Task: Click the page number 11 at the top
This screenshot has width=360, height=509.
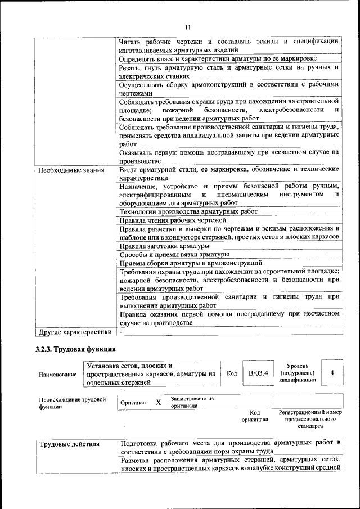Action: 188,27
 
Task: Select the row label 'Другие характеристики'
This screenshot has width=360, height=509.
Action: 75,332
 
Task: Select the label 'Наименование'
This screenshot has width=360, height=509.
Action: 58,374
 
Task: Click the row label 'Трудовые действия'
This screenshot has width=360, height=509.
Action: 70,444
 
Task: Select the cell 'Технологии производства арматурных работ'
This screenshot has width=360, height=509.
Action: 188,211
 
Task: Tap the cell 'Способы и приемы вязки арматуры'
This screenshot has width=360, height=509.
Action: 174,254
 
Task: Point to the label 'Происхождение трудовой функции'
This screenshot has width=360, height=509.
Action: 73,403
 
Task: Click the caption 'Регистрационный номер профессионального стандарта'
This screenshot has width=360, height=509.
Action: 310,419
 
